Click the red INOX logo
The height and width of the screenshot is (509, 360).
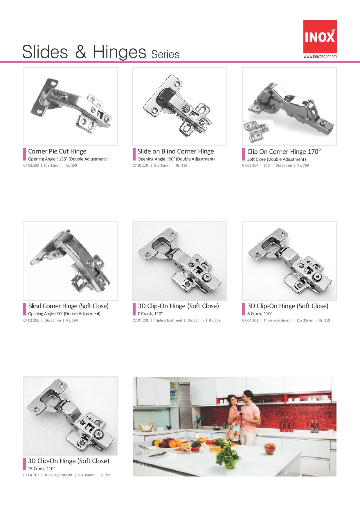(x=320, y=37)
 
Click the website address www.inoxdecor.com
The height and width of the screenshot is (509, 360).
(x=320, y=57)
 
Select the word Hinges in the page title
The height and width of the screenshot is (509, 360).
(x=119, y=53)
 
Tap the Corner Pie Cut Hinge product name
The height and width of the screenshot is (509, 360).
(x=57, y=151)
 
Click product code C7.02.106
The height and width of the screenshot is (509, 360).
(x=141, y=165)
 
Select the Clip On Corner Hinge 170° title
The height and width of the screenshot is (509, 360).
(x=284, y=151)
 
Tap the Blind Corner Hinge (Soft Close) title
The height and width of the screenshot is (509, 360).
(x=68, y=306)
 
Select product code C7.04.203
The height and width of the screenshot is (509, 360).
(x=31, y=475)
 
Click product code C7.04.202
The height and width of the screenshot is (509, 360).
(x=250, y=320)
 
